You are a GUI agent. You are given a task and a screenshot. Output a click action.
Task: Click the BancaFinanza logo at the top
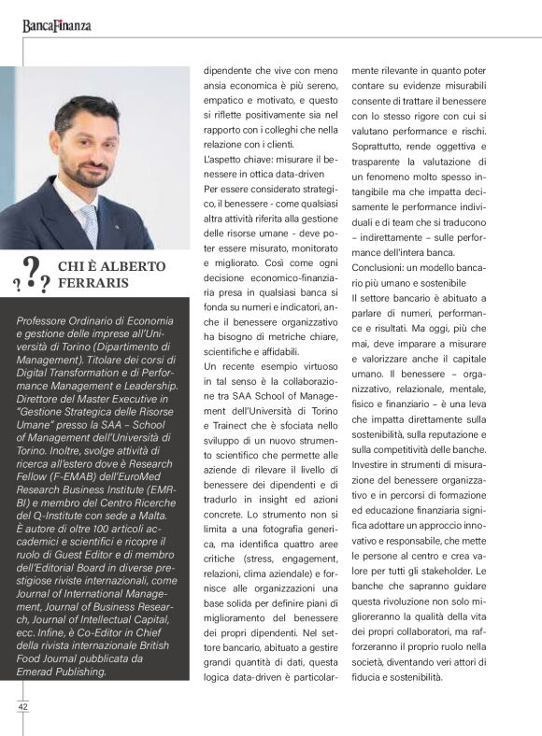point(57,25)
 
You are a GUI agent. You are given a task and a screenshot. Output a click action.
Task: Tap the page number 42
point(22,707)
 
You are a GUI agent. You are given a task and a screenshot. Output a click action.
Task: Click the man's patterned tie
point(90,224)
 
